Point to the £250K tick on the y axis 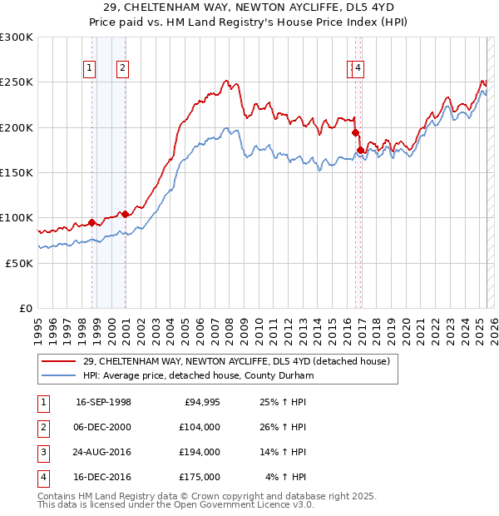point(17,82)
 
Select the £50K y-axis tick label point(19,262)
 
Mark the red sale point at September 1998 point(92,222)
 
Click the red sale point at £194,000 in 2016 point(355,132)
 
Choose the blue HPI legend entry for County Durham point(198,375)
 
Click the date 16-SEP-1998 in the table point(103,402)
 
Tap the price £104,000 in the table point(200,427)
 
